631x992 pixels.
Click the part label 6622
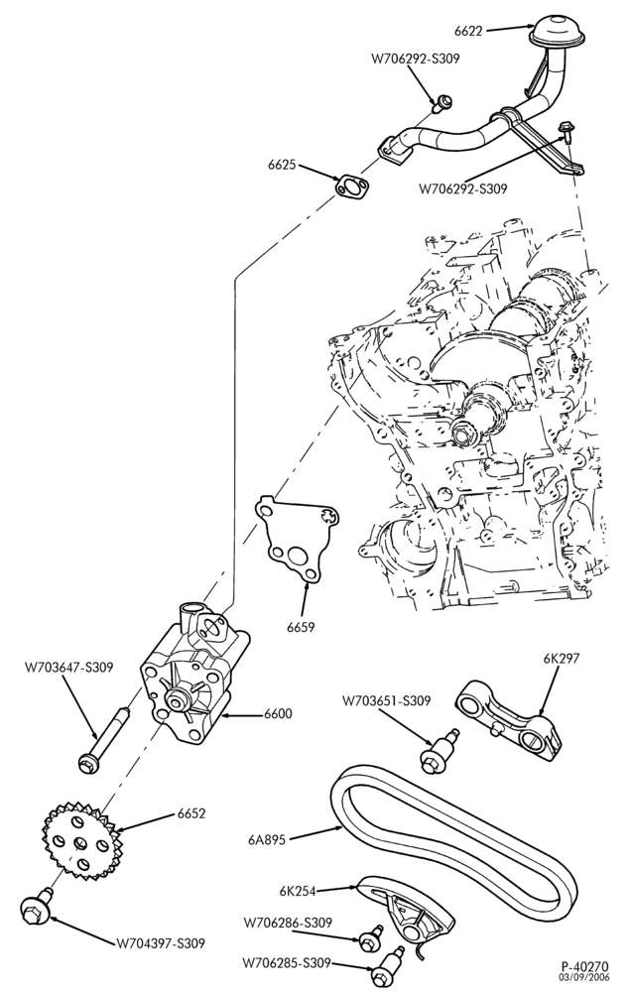click(x=467, y=29)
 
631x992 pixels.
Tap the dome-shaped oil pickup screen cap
click(x=555, y=31)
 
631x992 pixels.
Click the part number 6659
click(x=301, y=627)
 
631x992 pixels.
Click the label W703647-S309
click(x=69, y=667)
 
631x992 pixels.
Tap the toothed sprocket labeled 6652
click(x=75, y=840)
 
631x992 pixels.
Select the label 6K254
click(x=298, y=891)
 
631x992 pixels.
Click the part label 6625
click(x=282, y=166)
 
